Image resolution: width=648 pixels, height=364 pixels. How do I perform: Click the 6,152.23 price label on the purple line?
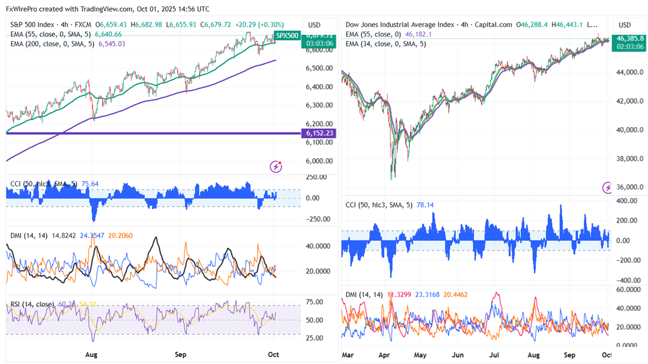coord(321,133)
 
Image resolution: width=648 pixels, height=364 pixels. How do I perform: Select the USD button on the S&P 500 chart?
coord(314,25)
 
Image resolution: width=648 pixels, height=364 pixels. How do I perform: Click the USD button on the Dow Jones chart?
coord(625,25)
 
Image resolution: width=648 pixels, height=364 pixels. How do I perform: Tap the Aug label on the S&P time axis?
coord(91,354)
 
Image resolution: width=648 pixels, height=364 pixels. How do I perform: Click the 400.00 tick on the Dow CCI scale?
coord(626,201)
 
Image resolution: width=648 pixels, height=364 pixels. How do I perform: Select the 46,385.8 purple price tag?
coord(630,38)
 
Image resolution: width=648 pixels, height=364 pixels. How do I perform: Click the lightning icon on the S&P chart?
coord(276,166)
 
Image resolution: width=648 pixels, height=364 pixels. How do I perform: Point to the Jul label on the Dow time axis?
coord(496,355)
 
